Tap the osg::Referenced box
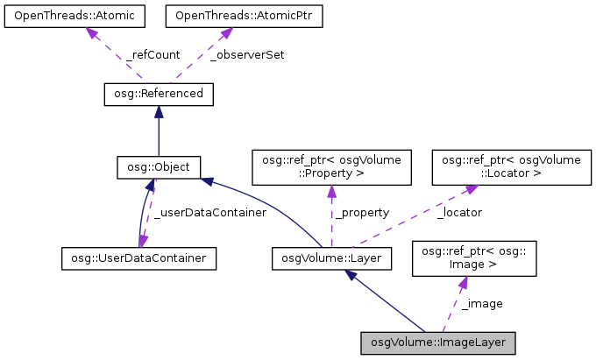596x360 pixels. pyautogui.click(x=158, y=93)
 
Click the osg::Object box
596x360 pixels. pyautogui.click(x=159, y=166)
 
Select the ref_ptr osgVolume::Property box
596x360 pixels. pyautogui.click(x=331, y=166)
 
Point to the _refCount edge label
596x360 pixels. pyautogui.click(x=153, y=54)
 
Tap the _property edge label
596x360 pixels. pyautogui.click(x=356, y=212)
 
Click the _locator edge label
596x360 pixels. pyautogui.click(x=458, y=212)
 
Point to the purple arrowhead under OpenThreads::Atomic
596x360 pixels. pyautogui.click(x=89, y=32)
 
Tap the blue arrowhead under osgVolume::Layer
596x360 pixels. pyautogui.click(x=351, y=275)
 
